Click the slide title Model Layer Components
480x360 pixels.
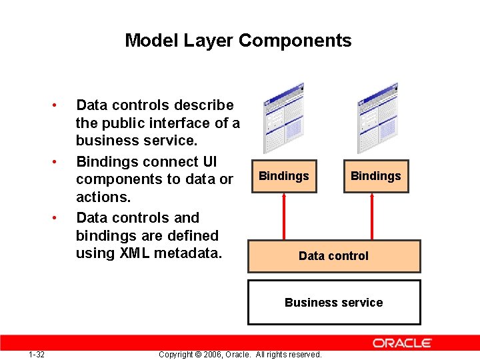coord(238,41)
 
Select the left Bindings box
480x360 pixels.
coord(283,176)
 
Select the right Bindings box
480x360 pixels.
coord(375,176)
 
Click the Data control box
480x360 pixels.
coord(334,256)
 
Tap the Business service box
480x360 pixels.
coord(334,302)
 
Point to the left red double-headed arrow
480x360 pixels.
coord(285,216)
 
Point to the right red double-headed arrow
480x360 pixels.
coord(372,216)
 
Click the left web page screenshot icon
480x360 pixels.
coord(284,118)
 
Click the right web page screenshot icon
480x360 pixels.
coord(378,118)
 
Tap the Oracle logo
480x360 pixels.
coord(402,343)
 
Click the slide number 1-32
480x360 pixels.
coord(37,354)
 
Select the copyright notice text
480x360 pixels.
coord(240,354)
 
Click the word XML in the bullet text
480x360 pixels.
coord(135,253)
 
